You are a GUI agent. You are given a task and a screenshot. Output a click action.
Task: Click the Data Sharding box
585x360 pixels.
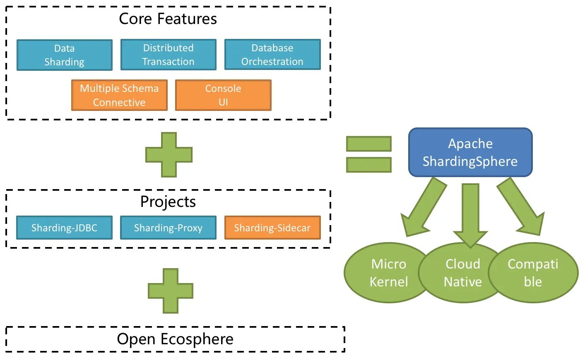(64, 55)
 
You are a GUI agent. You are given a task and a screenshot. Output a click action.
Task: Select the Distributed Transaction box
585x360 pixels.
(168, 55)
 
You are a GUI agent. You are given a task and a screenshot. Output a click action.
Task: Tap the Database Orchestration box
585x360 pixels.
(272, 55)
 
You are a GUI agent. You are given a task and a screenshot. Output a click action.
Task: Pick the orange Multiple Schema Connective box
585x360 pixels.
(119, 95)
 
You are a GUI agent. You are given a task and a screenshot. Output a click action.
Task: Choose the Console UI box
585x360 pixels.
(223, 95)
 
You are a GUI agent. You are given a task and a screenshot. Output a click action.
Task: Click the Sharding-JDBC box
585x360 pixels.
(64, 228)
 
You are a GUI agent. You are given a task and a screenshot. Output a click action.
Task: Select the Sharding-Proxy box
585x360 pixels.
(168, 228)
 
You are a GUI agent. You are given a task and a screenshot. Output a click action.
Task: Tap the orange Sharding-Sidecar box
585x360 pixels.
(272, 228)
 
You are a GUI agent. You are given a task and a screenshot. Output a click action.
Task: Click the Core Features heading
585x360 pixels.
(168, 19)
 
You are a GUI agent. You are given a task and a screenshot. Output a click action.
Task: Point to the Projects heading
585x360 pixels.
(168, 202)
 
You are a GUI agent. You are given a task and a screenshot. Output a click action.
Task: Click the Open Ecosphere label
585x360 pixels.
(175, 339)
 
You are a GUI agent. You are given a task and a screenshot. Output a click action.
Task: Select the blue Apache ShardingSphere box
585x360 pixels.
(470, 152)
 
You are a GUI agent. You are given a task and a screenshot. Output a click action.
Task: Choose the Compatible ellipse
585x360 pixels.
(533, 273)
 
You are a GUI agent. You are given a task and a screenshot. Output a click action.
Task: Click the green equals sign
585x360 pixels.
(368, 154)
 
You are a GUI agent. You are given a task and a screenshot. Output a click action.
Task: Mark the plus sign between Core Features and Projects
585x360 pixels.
(169, 155)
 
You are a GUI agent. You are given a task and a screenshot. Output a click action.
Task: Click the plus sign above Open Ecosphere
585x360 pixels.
(171, 290)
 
